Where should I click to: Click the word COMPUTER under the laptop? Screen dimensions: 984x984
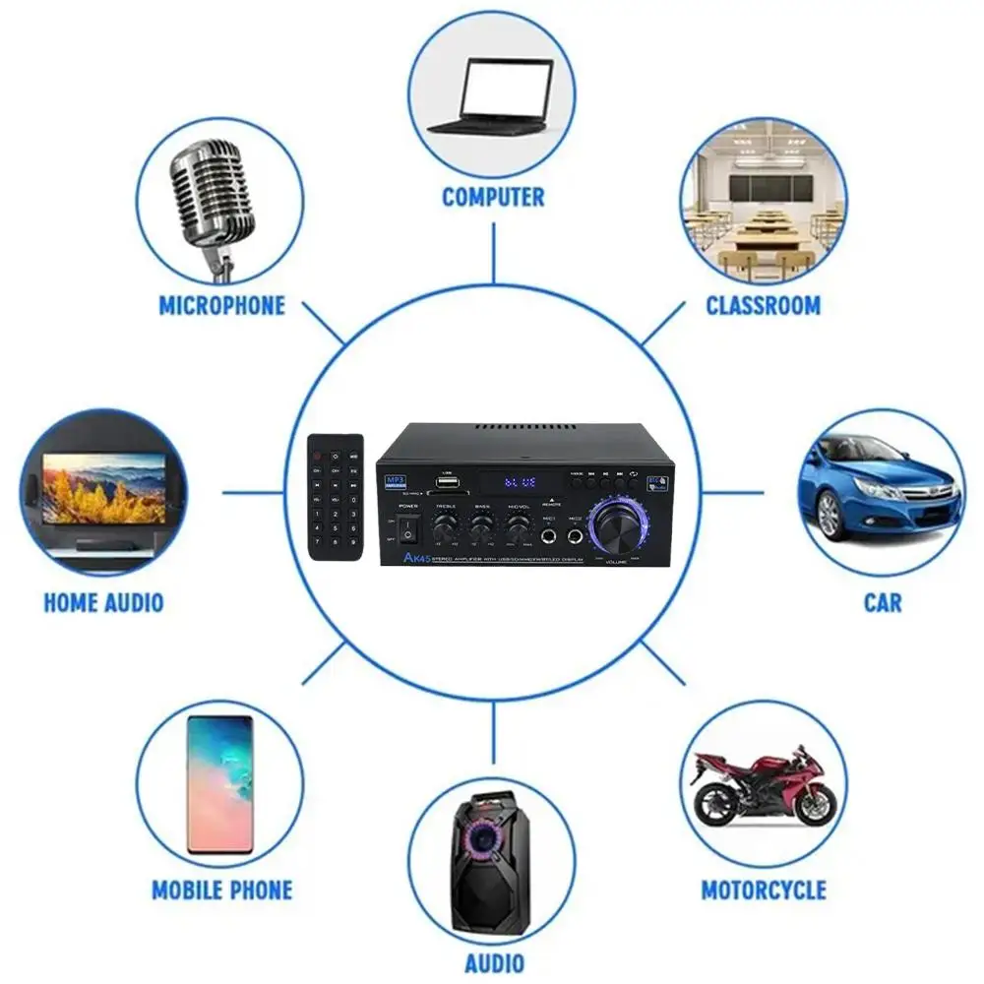[493, 197]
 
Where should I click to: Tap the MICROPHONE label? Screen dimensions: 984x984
[221, 305]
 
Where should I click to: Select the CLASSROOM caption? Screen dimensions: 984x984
[763, 305]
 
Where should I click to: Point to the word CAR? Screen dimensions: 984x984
[883, 601]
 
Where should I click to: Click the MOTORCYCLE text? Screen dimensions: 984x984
[764, 891]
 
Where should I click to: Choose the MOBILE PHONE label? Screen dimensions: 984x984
[221, 891]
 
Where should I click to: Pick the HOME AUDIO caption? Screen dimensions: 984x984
[103, 601]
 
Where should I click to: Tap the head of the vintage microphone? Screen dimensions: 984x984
[208, 188]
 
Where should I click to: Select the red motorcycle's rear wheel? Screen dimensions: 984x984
[715, 806]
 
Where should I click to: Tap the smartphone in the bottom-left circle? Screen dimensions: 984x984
[219, 783]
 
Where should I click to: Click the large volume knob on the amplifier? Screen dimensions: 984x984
[618, 527]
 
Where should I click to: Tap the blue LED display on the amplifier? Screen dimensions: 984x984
[520, 483]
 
